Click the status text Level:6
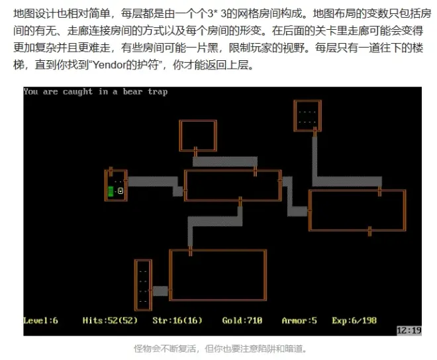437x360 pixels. [x=40, y=321]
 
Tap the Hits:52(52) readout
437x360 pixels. [x=110, y=321]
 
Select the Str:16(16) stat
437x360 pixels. [x=177, y=321]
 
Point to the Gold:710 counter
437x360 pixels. [x=242, y=321]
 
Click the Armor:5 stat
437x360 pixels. [x=299, y=321]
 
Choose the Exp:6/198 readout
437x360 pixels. [x=354, y=321]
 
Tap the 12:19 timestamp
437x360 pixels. [x=409, y=330]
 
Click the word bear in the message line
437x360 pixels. [x=132, y=91]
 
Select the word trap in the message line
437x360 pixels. [x=158, y=92]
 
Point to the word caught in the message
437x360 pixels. [x=77, y=92]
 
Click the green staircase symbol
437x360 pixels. [x=111, y=191]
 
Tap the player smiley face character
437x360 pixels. [x=121, y=191]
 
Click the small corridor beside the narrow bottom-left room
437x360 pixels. [x=160, y=291]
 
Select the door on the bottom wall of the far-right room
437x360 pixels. [x=370, y=231]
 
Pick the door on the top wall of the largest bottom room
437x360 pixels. [x=190, y=251]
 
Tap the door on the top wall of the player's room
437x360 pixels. [x=111, y=171]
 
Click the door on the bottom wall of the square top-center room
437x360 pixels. [x=195, y=151]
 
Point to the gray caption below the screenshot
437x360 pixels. [x=220, y=349]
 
